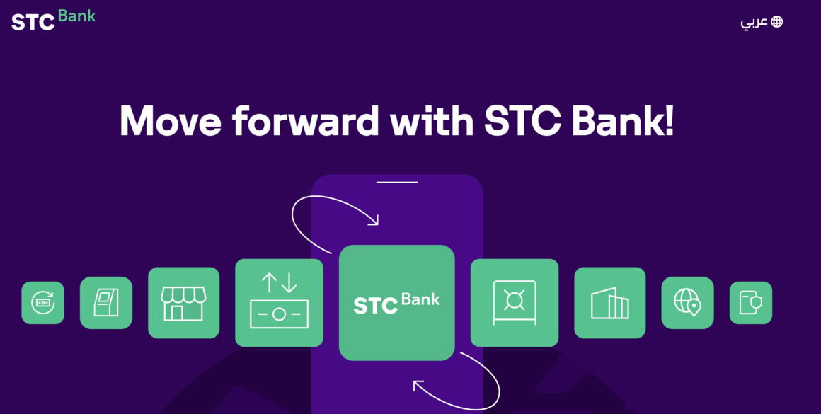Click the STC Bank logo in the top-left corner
[53, 20]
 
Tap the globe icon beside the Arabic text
[777, 21]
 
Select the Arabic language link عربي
[754, 23]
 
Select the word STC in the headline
[518, 121]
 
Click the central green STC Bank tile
[397, 302]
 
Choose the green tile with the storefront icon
[184, 302]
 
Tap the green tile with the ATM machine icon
[106, 302]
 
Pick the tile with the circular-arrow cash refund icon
[43, 302]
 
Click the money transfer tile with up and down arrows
[279, 302]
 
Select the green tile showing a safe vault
[515, 302]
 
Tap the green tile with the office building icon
[610, 302]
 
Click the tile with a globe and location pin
[687, 302]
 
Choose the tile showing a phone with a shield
[751, 302]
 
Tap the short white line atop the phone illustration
[397, 182]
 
